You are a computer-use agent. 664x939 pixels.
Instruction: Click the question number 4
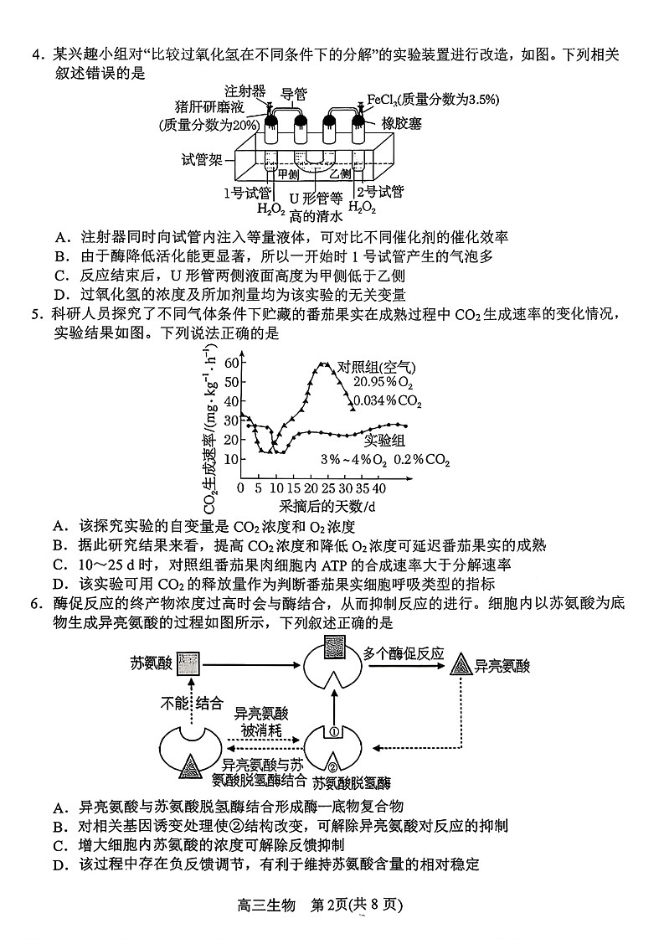[36, 55]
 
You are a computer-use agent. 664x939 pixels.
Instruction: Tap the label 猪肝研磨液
[208, 107]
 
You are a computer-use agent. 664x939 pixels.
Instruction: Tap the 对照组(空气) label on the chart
[376, 367]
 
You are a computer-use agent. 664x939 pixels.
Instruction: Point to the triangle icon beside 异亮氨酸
[460, 665]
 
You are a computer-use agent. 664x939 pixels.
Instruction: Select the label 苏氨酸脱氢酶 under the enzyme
[351, 784]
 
